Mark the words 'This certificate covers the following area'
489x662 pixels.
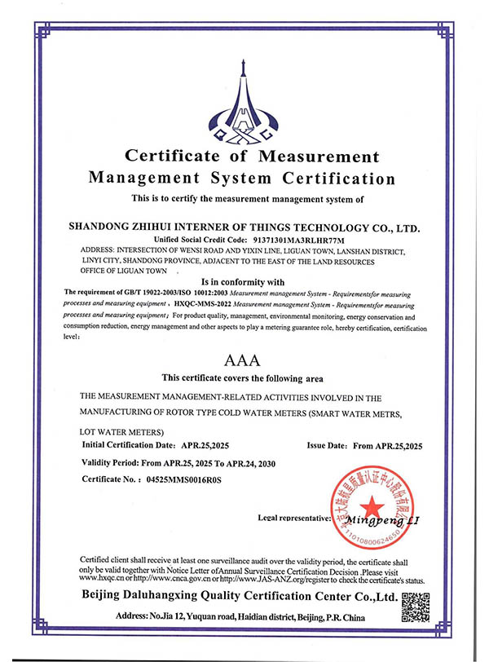pyautogui.click(x=242, y=377)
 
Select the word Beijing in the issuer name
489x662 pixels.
pyautogui.click(x=107, y=599)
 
